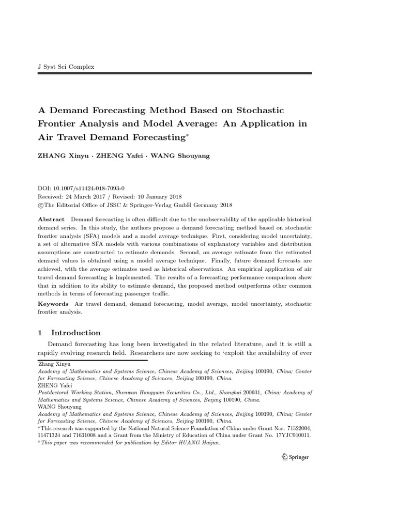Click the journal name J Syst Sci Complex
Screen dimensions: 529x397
(67, 67)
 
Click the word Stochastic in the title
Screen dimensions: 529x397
(251, 110)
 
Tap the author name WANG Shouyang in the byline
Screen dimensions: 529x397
(180, 155)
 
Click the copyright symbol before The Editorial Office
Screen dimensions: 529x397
(41, 205)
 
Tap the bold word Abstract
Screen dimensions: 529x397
(52, 220)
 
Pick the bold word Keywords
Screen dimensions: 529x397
(54, 304)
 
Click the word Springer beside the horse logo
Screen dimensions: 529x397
(299, 457)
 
